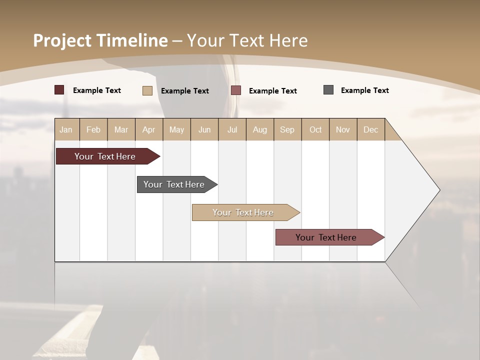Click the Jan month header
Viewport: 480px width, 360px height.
click(x=66, y=129)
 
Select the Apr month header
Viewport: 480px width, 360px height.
click(x=148, y=129)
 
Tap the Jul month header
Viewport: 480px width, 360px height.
click(x=232, y=129)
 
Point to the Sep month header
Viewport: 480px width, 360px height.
click(x=287, y=129)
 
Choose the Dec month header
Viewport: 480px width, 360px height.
click(x=370, y=129)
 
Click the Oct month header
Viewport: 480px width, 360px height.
click(x=315, y=129)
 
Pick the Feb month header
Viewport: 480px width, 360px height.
click(x=93, y=129)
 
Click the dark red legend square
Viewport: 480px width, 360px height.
click(x=59, y=90)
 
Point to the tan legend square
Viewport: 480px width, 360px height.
click(x=147, y=90)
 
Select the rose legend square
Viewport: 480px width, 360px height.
click(x=236, y=90)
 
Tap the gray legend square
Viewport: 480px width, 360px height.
click(x=328, y=90)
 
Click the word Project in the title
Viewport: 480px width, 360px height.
click(x=62, y=40)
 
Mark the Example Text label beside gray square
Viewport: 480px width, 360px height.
click(x=364, y=90)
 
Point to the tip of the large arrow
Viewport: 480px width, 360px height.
click(x=439, y=190)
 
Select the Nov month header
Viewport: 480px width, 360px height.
click(x=343, y=129)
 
